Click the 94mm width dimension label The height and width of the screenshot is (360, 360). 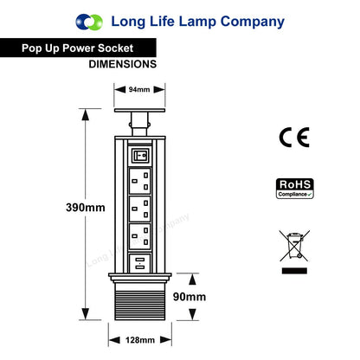coord(139,90)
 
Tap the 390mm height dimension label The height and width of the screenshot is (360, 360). coord(86,208)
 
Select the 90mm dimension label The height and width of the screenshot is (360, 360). coord(190,297)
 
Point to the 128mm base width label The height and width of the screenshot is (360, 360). coord(140,340)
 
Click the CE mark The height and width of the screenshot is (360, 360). coord(294,138)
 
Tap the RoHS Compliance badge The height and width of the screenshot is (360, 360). coord(295,189)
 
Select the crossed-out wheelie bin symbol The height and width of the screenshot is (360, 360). coord(294,246)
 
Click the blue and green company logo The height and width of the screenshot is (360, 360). coord(89,22)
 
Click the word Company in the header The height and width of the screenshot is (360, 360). coord(253,22)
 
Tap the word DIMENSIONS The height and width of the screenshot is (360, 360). coord(123,64)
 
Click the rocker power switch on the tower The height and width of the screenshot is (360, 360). coord(140,156)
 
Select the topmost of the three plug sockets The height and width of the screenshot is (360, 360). coord(140,181)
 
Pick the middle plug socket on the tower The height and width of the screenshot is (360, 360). coord(140,209)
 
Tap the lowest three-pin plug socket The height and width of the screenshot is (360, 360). coord(140,236)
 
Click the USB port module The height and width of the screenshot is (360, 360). coord(140,263)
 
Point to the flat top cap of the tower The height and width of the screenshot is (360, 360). coord(139,110)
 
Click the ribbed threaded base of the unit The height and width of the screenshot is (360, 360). coord(140,305)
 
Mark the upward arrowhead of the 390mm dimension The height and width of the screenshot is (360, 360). coord(86,115)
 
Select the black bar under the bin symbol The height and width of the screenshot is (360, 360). coord(294,271)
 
